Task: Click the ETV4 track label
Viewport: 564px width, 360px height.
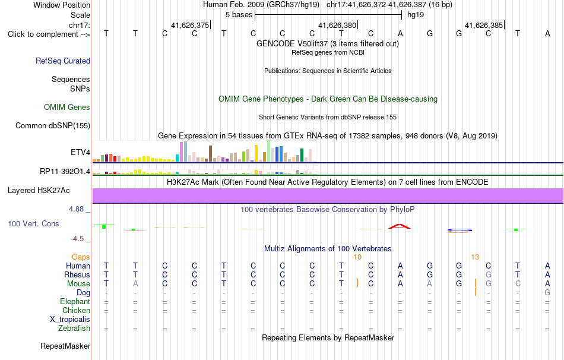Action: (x=80, y=152)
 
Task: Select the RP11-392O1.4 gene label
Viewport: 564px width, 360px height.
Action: (x=65, y=171)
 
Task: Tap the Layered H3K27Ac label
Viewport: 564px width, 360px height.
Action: (x=39, y=191)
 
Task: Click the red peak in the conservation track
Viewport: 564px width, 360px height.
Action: (x=400, y=226)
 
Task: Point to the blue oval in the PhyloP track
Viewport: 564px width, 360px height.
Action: (x=460, y=230)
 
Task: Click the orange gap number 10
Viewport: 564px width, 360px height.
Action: (x=357, y=257)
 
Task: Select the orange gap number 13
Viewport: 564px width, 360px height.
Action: (x=475, y=257)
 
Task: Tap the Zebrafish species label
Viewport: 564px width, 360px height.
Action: (x=74, y=329)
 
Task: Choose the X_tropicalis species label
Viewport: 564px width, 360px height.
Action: (x=70, y=320)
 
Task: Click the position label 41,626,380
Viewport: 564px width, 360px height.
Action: (x=337, y=25)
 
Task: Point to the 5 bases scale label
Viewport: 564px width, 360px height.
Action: (x=239, y=15)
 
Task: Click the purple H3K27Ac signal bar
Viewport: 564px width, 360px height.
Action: (x=328, y=196)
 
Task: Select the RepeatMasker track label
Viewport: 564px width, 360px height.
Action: (x=65, y=346)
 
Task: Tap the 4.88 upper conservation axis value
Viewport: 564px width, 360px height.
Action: (x=76, y=209)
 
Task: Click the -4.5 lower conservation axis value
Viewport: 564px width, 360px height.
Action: (x=77, y=239)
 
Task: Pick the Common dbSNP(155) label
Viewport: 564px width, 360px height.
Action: (x=53, y=125)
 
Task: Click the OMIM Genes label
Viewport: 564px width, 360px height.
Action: (x=67, y=108)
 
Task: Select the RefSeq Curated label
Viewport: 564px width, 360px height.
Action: (x=63, y=61)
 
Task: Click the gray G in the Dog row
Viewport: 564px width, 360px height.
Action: (x=547, y=293)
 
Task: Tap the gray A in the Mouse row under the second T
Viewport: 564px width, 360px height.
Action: (x=135, y=284)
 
